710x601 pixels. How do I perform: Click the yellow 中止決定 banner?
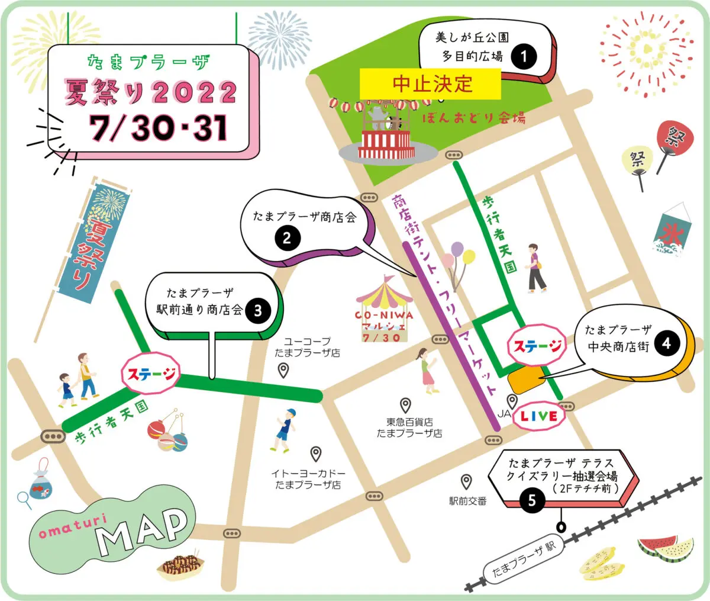click(430, 84)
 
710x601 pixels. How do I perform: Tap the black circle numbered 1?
click(523, 57)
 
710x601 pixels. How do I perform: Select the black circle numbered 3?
click(258, 310)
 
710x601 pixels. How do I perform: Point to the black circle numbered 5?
click(531, 501)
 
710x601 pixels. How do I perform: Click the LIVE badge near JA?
click(538, 416)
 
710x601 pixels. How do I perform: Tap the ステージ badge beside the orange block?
click(536, 346)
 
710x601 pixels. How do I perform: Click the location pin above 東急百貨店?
click(405, 405)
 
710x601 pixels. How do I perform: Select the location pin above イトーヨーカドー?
click(316, 454)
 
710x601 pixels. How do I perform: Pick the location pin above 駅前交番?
click(467, 481)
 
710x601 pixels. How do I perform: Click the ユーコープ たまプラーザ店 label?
click(307, 347)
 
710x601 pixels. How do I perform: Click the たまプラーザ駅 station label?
click(524, 560)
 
